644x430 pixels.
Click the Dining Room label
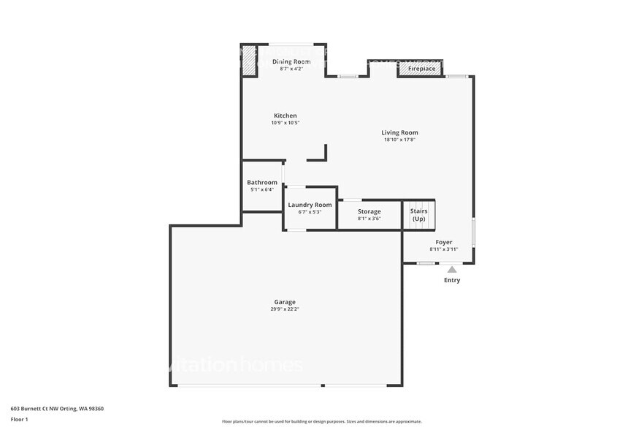(x=291, y=61)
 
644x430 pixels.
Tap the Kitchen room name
(x=285, y=116)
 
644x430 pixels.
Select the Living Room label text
(x=399, y=132)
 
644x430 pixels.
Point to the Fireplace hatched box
(x=421, y=69)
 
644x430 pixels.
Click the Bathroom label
(x=262, y=182)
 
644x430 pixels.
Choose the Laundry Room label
(x=310, y=205)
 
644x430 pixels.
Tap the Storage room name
(x=369, y=211)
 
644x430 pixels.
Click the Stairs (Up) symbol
(x=418, y=215)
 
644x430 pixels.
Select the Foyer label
(x=444, y=242)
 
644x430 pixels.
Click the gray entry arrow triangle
(x=452, y=270)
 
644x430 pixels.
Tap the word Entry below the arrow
(x=452, y=280)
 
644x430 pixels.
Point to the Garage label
(x=285, y=301)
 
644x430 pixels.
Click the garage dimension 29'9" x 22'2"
(x=285, y=309)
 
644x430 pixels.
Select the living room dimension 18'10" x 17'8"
(x=399, y=140)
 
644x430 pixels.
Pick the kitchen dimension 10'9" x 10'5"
(x=285, y=123)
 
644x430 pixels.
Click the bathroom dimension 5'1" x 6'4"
(x=262, y=189)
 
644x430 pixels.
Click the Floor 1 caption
(x=20, y=419)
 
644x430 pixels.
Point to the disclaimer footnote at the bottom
(x=322, y=421)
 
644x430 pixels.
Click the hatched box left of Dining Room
(x=249, y=61)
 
